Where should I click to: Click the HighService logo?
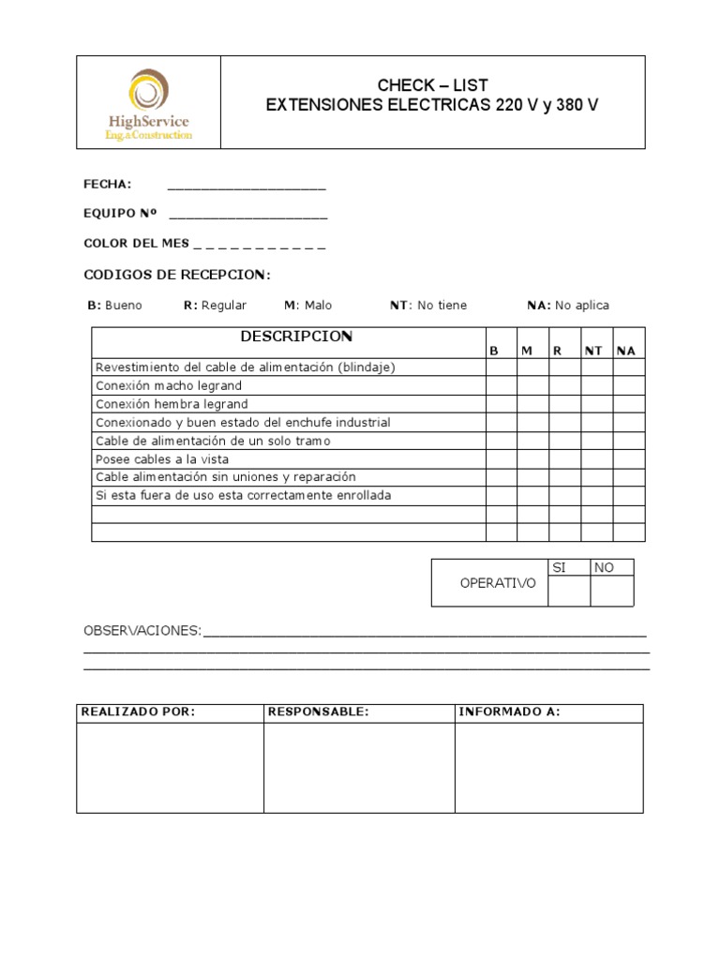148,103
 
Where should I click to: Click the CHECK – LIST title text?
432,85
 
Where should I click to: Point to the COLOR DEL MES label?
136,244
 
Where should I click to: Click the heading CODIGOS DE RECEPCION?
177,275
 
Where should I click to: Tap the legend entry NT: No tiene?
428,306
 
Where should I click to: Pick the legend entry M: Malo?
307,306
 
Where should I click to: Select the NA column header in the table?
626,351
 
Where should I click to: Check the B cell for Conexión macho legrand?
501,385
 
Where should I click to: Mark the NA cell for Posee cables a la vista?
628,459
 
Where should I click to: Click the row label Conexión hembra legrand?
172,404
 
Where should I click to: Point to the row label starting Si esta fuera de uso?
243,495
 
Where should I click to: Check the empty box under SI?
568,591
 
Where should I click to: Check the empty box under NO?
611,591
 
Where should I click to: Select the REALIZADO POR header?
138,712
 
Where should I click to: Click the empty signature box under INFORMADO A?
548,767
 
